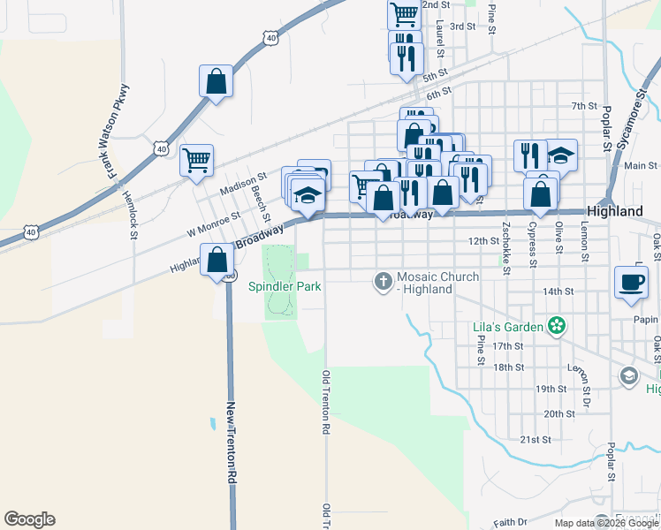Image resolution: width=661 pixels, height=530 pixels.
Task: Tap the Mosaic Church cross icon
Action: [x=383, y=282]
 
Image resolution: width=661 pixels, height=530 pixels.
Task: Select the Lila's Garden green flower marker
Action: [x=556, y=327]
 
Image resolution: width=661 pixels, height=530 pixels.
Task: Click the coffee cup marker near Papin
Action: [x=631, y=282]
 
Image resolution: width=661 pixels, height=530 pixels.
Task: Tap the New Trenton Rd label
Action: [x=232, y=442]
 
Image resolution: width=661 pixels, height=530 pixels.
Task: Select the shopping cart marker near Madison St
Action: [x=196, y=161]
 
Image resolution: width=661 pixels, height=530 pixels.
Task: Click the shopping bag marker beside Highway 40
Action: [x=216, y=82]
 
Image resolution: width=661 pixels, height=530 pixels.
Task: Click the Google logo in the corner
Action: [x=29, y=519]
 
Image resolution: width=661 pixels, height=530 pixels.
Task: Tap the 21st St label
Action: [x=536, y=439]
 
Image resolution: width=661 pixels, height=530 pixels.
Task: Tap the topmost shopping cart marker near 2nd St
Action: [x=404, y=13]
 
